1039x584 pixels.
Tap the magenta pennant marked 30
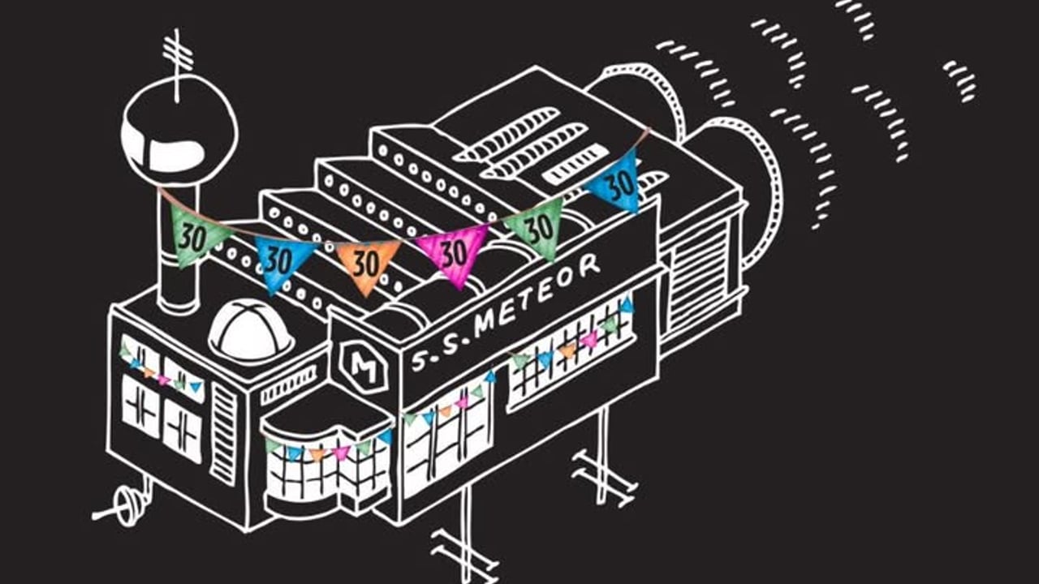point(451,253)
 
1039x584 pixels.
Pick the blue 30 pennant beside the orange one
point(280,263)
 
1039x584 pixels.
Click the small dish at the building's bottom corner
point(124,509)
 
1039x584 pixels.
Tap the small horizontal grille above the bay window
point(288,385)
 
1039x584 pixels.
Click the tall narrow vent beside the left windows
point(224,434)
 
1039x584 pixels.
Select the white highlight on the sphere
point(175,153)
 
